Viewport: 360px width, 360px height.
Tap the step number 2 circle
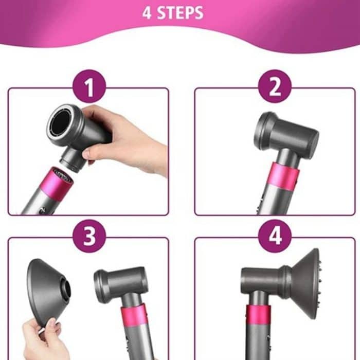[x=275, y=86]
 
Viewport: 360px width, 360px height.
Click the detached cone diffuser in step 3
[x=49, y=291]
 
